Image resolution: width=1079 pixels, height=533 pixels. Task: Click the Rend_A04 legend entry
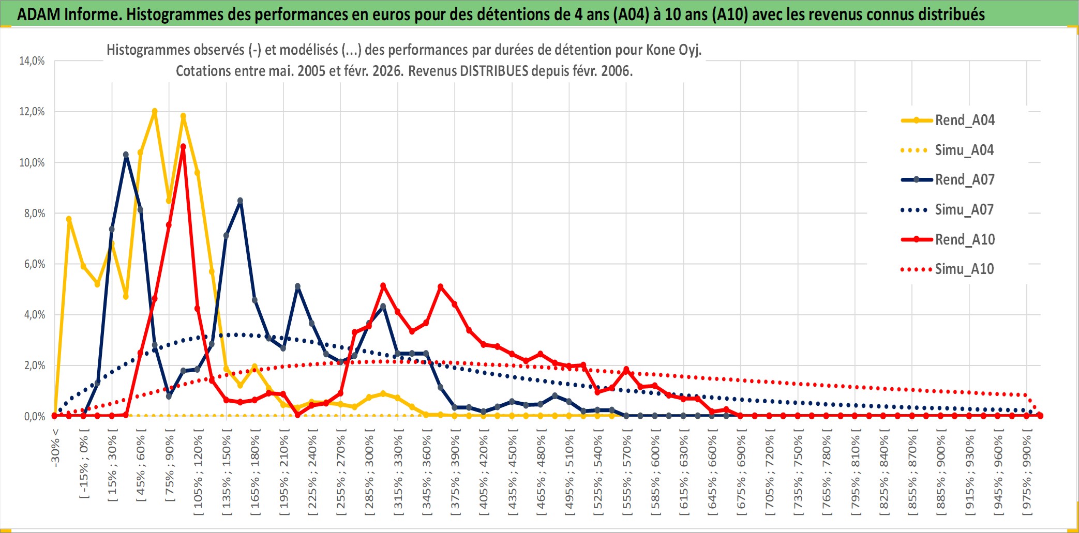964,120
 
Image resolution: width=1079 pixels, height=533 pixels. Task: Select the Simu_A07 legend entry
964,210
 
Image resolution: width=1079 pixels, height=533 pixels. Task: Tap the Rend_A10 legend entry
965,240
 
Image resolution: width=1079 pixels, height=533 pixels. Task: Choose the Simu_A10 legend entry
964,269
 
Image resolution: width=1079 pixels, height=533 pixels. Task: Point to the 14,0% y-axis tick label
32,61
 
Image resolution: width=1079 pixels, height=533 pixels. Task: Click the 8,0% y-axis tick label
34,214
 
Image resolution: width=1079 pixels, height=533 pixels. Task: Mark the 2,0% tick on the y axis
34,366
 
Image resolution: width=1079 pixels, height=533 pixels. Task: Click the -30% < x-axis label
55,448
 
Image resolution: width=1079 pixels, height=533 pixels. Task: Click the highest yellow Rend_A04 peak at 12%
155,111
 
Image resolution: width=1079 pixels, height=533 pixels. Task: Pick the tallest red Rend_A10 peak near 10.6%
183,147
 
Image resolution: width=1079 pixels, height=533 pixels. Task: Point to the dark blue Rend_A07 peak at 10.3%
126,155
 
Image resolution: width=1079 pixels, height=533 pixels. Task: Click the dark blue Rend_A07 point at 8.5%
240,201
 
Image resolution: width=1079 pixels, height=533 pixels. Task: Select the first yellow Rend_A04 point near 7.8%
69,219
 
